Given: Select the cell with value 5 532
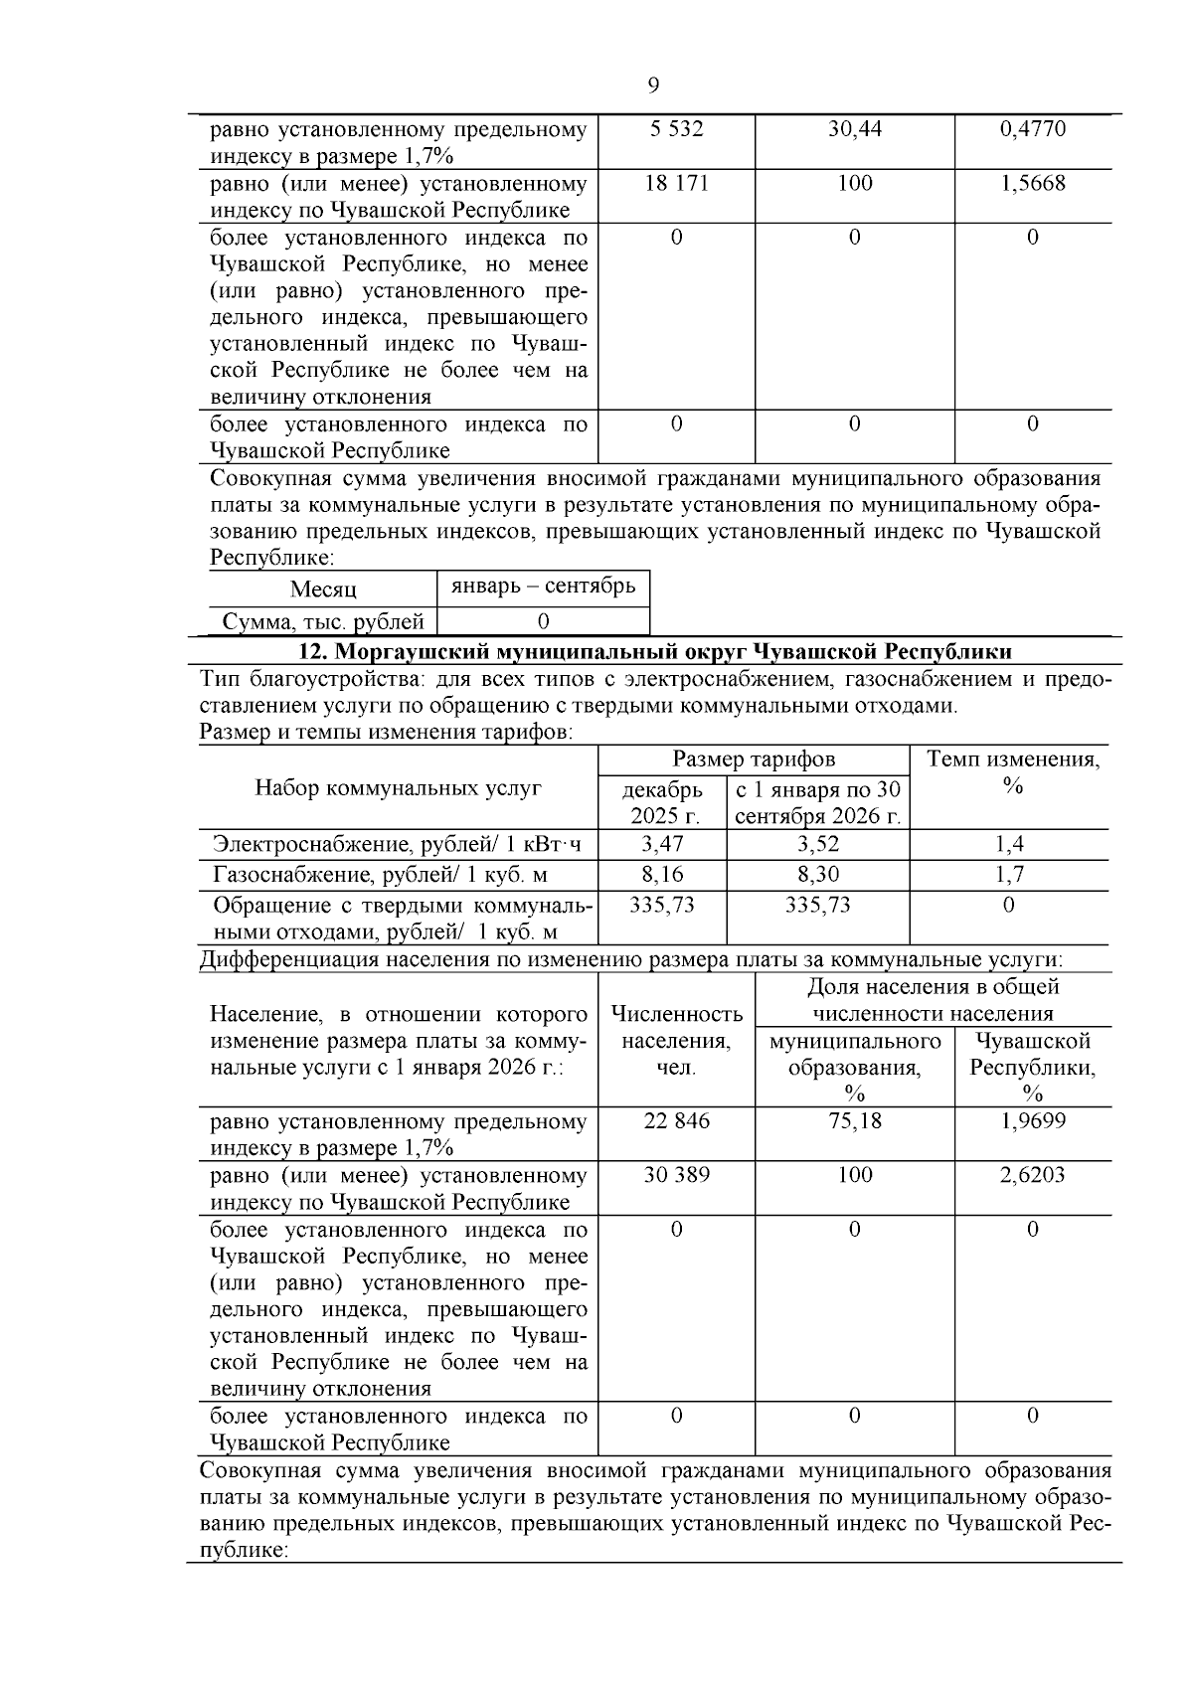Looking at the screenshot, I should pyautogui.click(x=676, y=130).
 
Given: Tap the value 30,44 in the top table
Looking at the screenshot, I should pyautogui.click(x=854, y=130).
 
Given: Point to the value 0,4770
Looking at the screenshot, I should pyautogui.click(x=1032, y=130).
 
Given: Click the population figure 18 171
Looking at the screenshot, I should pyautogui.click(x=676, y=184).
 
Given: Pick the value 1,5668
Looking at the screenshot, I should pyautogui.click(x=1032, y=184).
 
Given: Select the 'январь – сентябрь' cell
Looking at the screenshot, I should pyautogui.click(x=543, y=587).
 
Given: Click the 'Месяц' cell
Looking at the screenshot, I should pyautogui.click(x=323, y=590).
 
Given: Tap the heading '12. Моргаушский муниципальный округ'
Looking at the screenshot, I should pyautogui.click(x=655, y=652).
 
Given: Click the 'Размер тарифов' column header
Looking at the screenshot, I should pyautogui.click(x=754, y=760).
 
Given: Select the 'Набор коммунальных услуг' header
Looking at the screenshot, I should pyautogui.click(x=398, y=788).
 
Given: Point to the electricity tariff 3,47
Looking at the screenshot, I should pyautogui.click(x=662, y=845).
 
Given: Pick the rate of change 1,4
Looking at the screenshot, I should pyautogui.click(x=1009, y=845).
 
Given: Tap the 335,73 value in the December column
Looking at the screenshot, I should pyautogui.click(x=662, y=906).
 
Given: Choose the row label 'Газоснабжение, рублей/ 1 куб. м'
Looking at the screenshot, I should pyautogui.click(x=381, y=875).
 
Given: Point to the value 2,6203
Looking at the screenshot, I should pyautogui.click(x=1032, y=1176).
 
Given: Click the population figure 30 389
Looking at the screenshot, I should pyautogui.click(x=676, y=1176).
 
